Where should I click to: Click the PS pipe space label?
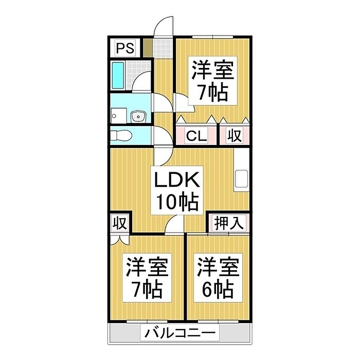pos(125,48)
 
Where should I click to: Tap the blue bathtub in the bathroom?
pos(118,76)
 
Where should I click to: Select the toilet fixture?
pos(121,135)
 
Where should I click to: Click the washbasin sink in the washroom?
pos(138,117)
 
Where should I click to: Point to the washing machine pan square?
pos(119,116)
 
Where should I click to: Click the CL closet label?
pos(197,136)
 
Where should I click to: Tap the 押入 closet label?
pos(229,223)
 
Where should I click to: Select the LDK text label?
pos(176,180)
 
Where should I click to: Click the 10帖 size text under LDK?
pos(177,202)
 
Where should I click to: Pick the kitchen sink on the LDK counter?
pos(241,178)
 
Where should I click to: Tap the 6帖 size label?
pos(218,289)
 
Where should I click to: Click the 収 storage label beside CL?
pos(234,136)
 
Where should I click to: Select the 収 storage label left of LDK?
pos(120,223)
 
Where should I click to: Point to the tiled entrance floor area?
pos(163,48)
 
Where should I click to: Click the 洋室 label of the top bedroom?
pos(212,70)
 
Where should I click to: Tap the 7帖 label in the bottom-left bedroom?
pos(147,289)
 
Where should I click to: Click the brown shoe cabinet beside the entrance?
pos(148,48)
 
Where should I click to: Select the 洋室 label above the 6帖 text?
pos(218,267)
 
